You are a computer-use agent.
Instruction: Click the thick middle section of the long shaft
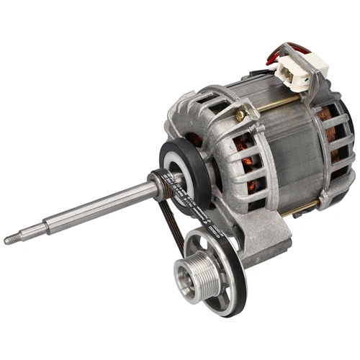point(101,209)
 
